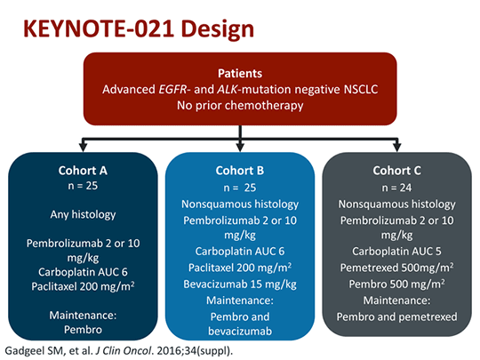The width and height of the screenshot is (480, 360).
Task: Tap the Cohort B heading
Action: click(239, 170)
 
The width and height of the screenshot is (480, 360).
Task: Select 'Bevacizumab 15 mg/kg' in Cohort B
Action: click(239, 285)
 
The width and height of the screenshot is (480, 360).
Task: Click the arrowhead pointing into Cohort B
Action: click(240, 146)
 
